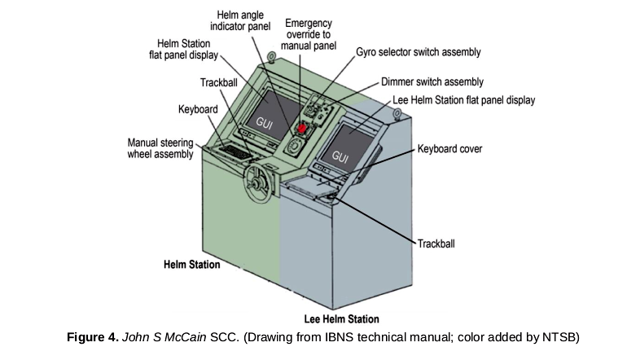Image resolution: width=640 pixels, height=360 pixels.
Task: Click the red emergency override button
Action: tap(301, 128)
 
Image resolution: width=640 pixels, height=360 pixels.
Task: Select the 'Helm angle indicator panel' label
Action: tap(240, 21)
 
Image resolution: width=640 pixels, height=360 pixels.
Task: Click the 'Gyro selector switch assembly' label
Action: tap(419, 52)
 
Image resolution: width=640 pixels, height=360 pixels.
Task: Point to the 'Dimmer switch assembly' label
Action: tap(432, 82)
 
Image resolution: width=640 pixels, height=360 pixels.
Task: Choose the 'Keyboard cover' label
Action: tap(449, 149)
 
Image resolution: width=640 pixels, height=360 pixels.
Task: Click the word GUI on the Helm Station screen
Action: tap(265, 123)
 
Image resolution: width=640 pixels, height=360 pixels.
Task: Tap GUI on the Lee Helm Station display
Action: tap(340, 156)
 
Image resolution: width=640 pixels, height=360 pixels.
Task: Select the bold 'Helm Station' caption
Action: tap(192, 265)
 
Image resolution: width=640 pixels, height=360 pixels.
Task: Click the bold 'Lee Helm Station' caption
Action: tap(342, 318)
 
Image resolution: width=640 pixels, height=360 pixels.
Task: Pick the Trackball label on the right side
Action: tap(436, 244)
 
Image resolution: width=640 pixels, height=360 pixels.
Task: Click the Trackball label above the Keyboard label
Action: tap(219, 82)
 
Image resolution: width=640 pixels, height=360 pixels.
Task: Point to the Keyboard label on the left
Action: tap(198, 109)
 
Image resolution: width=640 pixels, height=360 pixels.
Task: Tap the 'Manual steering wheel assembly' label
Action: tap(160, 148)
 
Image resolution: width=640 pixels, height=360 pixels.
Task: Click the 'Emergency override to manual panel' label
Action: tap(309, 34)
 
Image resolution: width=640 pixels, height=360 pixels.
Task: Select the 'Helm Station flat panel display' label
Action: tap(184, 49)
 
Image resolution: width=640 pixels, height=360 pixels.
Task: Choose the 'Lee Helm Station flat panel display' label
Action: tap(463, 100)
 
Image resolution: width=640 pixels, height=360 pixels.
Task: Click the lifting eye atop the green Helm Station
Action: tap(271, 56)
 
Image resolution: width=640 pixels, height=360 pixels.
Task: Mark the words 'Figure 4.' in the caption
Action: tap(93, 337)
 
